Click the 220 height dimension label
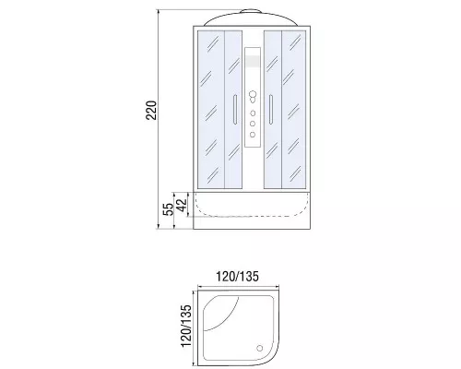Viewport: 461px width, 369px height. (151, 110)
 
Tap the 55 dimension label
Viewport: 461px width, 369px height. (168, 209)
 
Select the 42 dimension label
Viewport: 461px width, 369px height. (182, 205)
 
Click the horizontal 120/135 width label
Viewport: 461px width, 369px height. (237, 277)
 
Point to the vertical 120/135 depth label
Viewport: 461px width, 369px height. (186, 326)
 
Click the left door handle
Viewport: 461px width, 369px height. (235, 110)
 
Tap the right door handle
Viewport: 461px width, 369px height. (271, 110)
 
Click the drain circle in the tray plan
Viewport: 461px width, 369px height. (260, 348)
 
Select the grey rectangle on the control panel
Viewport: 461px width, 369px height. (253, 61)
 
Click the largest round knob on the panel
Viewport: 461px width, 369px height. (253, 94)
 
